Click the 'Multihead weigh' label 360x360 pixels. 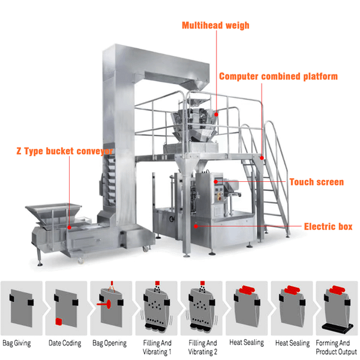click(216, 26)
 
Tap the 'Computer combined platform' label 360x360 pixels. click(278, 76)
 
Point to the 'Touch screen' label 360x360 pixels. click(317, 182)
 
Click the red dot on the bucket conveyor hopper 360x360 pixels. click(70, 227)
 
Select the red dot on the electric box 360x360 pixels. click(196, 226)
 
